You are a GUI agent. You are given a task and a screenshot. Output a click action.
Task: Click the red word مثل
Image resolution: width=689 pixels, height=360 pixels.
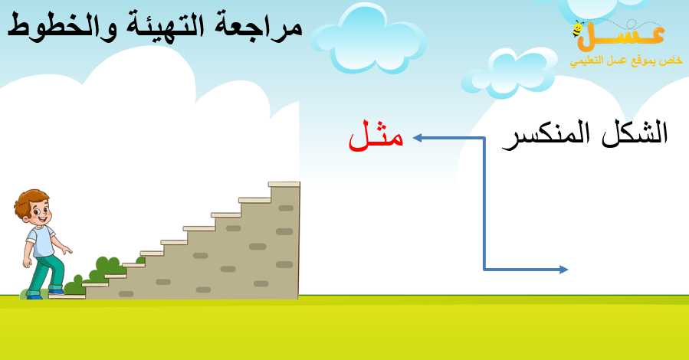pyautogui.click(x=376, y=137)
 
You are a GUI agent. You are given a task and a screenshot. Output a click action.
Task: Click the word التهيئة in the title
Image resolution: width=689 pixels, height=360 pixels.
pyautogui.click(x=166, y=25)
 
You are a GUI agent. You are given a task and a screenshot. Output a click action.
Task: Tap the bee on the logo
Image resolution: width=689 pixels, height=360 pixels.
pyautogui.click(x=578, y=29)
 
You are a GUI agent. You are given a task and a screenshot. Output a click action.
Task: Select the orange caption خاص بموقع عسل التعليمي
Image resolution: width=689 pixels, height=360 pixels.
pyautogui.click(x=627, y=61)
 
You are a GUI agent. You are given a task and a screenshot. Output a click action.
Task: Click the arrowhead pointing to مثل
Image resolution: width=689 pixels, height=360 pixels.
pyautogui.click(x=418, y=139)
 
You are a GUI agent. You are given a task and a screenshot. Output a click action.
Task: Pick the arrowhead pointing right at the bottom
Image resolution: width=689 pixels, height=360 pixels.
pyautogui.click(x=564, y=270)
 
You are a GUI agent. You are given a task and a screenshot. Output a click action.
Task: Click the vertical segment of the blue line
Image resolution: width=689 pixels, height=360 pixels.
pyautogui.click(x=484, y=204)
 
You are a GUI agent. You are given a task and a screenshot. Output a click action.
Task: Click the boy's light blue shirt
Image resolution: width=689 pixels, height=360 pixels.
pyautogui.click(x=41, y=241)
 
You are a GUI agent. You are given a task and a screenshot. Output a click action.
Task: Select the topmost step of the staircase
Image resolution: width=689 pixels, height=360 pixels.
pyautogui.click(x=284, y=185)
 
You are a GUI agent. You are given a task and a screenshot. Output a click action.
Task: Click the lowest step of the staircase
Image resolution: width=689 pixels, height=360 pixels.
pyautogui.click(x=67, y=296)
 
